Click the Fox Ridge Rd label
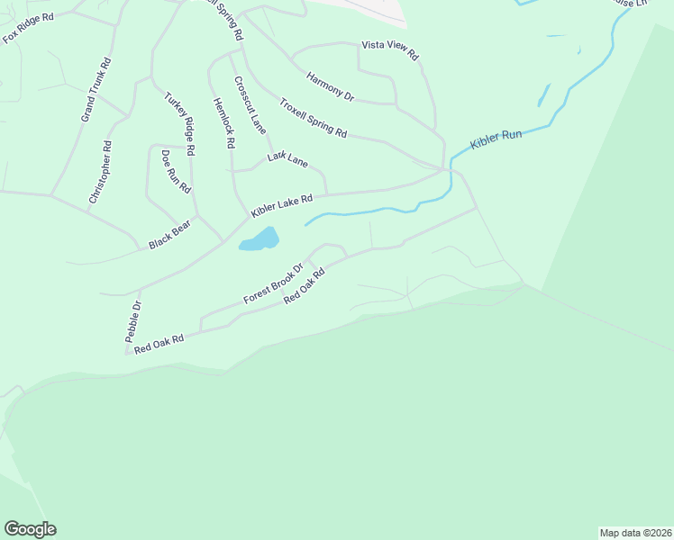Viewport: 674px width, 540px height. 29,27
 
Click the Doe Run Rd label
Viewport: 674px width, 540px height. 176,172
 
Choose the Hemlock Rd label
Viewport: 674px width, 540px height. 223,122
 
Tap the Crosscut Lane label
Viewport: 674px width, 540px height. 250,105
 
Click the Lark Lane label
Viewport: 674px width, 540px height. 288,159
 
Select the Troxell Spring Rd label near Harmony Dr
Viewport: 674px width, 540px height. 313,118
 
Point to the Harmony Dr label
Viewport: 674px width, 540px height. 331,86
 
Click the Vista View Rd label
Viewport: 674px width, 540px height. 390,49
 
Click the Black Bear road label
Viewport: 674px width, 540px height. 170,238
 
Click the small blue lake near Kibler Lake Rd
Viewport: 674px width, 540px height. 259,239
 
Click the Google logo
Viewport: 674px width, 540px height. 30,529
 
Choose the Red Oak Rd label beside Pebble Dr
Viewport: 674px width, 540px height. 159,344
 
